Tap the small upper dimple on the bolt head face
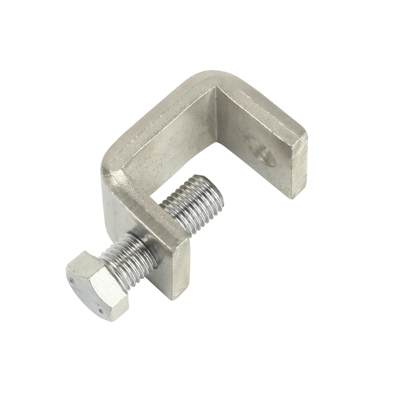point(72,281)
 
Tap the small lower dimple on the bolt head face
point(99,305)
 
